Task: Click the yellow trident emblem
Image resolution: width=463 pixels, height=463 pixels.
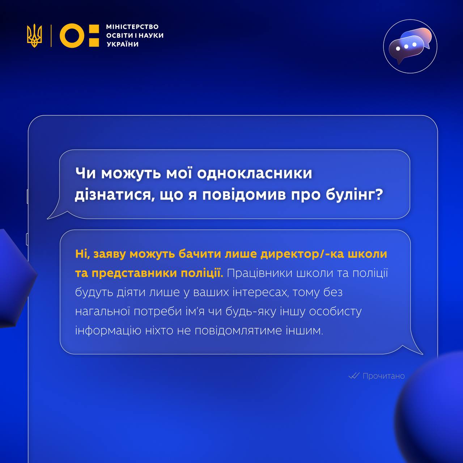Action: point(34,35)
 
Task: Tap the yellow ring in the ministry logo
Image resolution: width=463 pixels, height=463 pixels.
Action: point(72,35)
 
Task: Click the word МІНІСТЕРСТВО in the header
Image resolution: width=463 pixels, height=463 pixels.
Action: point(132,27)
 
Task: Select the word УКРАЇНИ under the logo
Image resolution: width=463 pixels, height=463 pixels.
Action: point(123,44)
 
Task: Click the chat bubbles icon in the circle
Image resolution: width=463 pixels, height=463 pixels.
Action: point(410,46)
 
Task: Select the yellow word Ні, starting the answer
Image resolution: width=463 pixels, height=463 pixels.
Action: point(82,254)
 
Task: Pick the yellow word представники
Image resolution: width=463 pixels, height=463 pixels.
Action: point(134,273)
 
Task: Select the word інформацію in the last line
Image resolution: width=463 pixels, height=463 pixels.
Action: point(108,331)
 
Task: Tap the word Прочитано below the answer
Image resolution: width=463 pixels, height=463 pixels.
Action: point(384,376)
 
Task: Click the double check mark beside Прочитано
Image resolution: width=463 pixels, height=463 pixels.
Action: point(354,376)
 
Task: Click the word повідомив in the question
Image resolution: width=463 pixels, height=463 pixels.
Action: point(244,195)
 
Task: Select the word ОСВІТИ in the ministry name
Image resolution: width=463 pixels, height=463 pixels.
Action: point(119,35)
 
